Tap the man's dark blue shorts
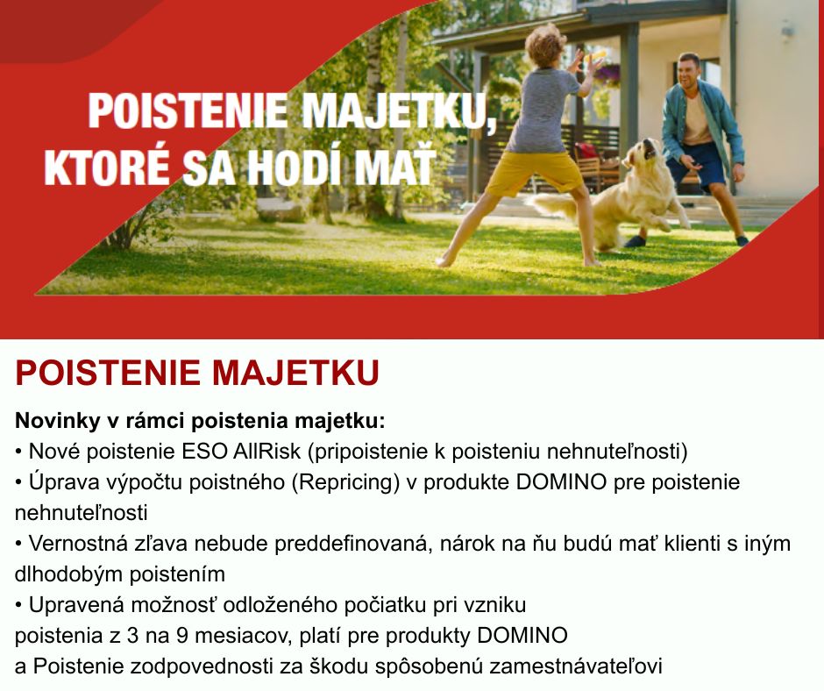(696, 164)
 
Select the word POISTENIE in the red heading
(108, 373)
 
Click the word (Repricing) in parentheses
(345, 482)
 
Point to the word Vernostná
(78, 543)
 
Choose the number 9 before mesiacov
(182, 636)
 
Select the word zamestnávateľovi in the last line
(575, 666)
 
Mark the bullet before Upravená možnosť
(19, 606)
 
